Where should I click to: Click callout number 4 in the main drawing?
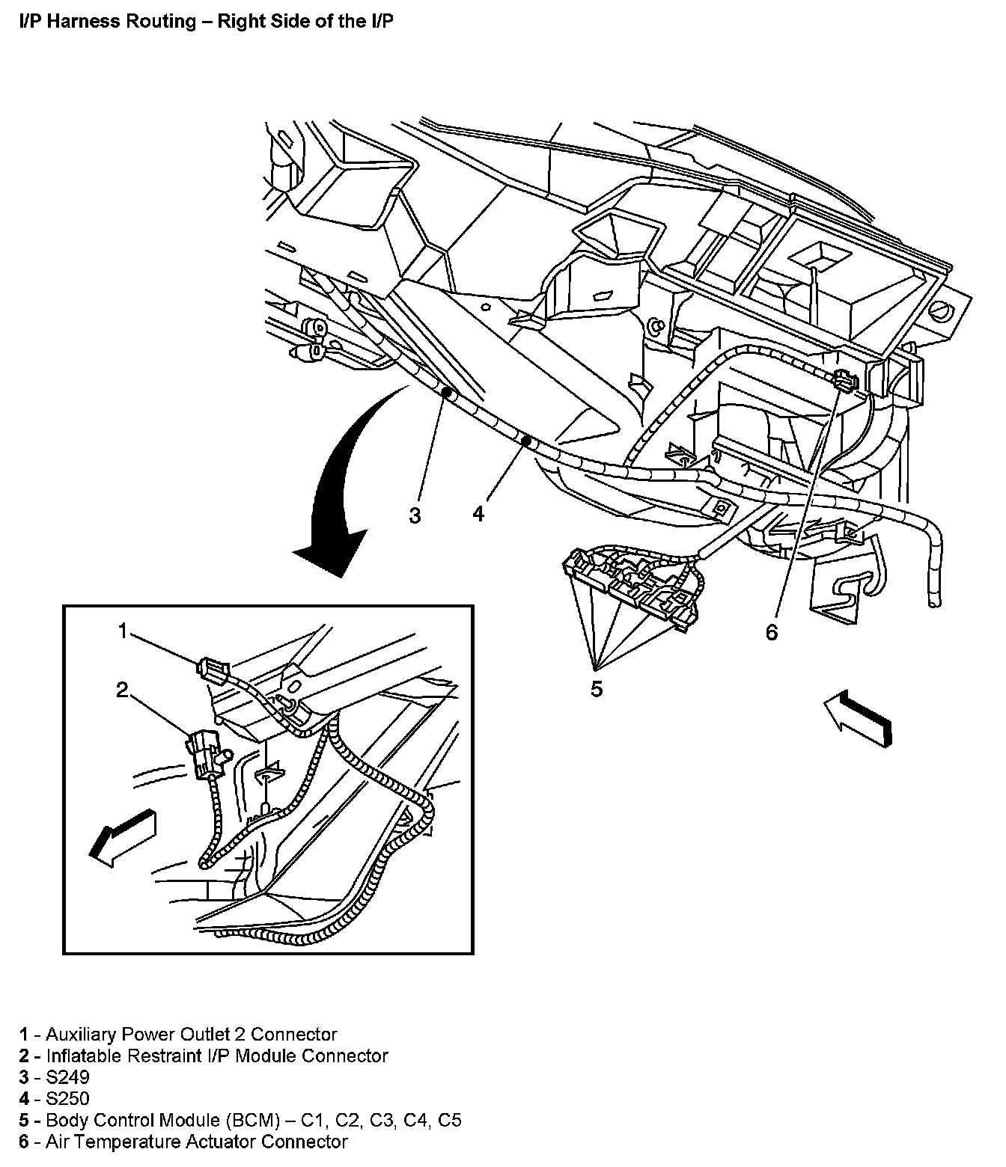point(479,513)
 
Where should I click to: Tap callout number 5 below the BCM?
point(596,688)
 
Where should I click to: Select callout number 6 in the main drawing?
point(772,632)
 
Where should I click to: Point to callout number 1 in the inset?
point(124,631)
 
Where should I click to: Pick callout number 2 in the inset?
point(122,690)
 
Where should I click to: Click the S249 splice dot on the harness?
point(445,392)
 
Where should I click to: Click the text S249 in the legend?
point(67,1077)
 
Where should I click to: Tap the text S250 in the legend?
point(67,1099)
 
